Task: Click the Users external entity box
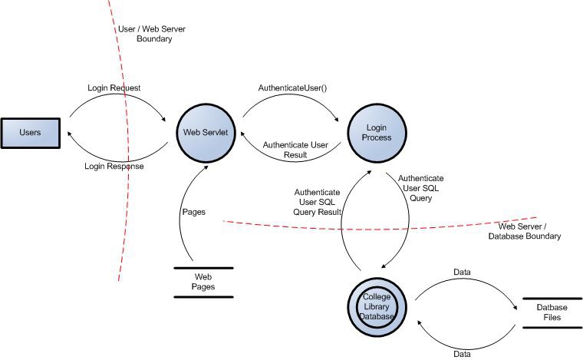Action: coord(31,132)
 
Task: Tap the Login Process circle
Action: coord(377,132)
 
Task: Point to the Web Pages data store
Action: coord(203,282)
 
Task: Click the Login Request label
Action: coord(114,88)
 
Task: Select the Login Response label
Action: coord(114,166)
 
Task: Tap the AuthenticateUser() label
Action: coord(293,88)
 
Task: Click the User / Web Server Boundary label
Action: coord(150,34)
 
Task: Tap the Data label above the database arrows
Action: coord(463,272)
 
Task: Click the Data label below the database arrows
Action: coord(463,354)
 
